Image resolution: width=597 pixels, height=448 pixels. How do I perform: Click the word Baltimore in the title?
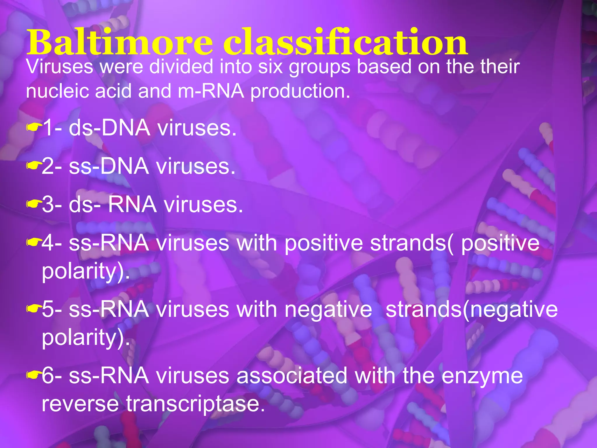click(x=120, y=42)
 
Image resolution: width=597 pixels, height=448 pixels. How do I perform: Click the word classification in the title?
click(x=345, y=42)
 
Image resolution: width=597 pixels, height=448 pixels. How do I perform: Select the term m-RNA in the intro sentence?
click(x=211, y=91)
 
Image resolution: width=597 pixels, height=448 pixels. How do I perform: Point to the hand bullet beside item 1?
click(x=32, y=127)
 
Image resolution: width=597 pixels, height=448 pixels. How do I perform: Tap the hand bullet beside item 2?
click(x=32, y=166)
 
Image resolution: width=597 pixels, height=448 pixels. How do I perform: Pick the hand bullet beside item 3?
click(x=32, y=204)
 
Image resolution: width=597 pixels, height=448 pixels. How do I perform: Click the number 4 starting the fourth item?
click(x=48, y=243)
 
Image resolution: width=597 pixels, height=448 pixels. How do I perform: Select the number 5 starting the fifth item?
click(x=48, y=309)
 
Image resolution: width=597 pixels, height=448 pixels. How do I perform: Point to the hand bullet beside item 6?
click(x=32, y=375)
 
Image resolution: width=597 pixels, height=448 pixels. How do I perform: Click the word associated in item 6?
click(x=292, y=376)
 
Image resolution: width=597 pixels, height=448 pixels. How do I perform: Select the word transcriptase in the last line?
click(x=195, y=404)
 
